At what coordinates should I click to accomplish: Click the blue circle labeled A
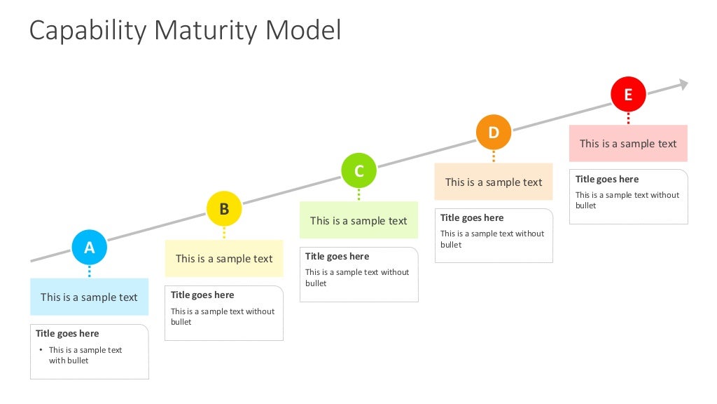(x=90, y=247)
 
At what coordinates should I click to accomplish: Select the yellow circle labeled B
(x=224, y=208)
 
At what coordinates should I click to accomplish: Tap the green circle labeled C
(x=358, y=170)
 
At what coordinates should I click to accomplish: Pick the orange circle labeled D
(x=494, y=132)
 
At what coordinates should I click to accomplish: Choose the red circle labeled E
(x=628, y=94)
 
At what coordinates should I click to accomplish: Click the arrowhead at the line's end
(x=682, y=84)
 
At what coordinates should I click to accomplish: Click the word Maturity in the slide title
(x=207, y=31)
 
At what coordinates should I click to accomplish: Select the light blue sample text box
(x=89, y=297)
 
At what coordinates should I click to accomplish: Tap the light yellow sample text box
(x=224, y=258)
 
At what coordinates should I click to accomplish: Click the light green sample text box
(x=358, y=220)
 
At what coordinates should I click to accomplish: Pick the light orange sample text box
(x=494, y=182)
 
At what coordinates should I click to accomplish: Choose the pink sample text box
(x=628, y=144)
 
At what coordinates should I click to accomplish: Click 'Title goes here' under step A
(x=67, y=333)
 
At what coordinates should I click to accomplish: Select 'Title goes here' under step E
(x=607, y=179)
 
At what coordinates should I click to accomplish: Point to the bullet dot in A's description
(x=41, y=350)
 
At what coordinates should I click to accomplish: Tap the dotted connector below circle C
(x=358, y=194)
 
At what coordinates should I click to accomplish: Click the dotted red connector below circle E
(x=628, y=118)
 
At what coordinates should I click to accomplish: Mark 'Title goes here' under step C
(x=337, y=256)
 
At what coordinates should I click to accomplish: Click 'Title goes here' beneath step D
(x=472, y=217)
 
